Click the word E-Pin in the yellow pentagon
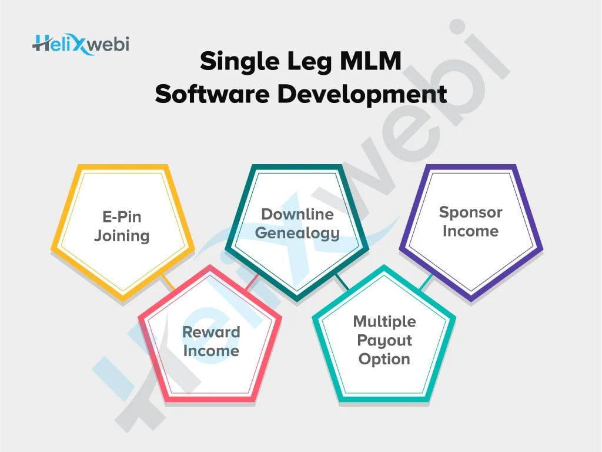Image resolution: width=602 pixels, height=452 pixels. pos(122,217)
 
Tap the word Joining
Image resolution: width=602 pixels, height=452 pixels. pos(122,236)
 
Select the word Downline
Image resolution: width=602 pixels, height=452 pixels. pos(297,214)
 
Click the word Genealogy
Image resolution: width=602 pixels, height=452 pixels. pos(297,233)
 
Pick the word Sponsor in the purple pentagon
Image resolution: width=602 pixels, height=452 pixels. pos(470,212)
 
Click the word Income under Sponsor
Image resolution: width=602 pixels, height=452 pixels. pos(470,231)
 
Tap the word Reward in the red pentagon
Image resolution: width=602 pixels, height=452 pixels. pos(211,332)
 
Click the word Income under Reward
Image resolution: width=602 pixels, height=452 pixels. pos(211,351)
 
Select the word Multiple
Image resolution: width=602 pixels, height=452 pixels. pos(384,322)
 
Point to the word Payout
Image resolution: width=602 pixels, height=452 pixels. pos(384,341)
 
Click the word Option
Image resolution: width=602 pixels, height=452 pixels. pos(384,359)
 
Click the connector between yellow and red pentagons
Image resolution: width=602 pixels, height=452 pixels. pos(168,282)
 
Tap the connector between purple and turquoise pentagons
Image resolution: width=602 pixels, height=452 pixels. pos(426,281)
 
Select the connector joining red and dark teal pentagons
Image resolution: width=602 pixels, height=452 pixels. pos(252,282)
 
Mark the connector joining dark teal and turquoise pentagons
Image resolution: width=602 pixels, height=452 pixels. pos(343,282)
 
